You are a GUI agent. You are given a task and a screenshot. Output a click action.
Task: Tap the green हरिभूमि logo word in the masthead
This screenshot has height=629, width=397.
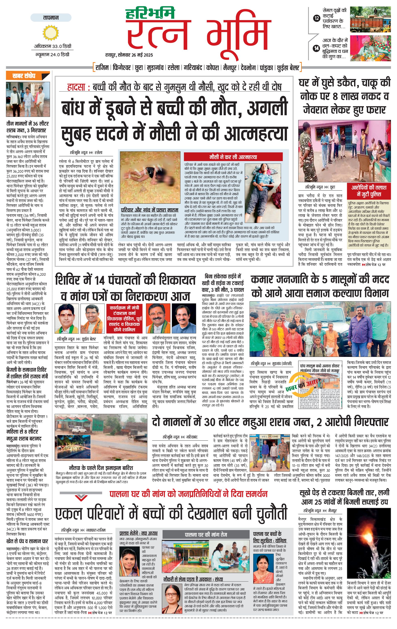click(150, 14)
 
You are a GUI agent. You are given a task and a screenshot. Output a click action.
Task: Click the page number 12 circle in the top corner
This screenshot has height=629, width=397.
click(317, 18)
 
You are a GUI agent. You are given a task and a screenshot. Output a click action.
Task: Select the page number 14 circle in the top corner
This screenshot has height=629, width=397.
click(317, 48)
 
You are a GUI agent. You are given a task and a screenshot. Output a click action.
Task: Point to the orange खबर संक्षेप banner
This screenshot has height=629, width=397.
click(28, 76)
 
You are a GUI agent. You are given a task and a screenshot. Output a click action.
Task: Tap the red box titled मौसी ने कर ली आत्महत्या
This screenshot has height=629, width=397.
click(233, 157)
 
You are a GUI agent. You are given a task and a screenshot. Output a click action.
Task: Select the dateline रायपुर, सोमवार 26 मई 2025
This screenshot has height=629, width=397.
click(129, 55)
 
